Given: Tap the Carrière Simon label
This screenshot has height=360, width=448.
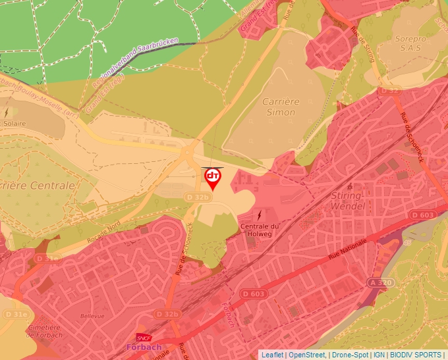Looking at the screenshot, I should point(281,107).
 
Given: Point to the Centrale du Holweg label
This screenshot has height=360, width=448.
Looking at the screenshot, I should point(260,232).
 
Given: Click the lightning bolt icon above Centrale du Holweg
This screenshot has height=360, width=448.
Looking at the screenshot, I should point(260,215).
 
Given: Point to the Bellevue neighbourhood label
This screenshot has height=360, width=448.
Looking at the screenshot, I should point(92,316).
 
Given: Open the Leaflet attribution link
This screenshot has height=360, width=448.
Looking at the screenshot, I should point(273,355).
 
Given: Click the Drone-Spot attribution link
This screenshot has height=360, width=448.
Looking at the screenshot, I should point(350,355).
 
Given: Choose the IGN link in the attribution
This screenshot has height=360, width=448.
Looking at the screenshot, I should point(379,355).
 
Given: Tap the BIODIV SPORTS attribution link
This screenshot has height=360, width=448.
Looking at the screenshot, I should point(416,355).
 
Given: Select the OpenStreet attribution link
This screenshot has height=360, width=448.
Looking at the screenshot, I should point(307,355).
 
